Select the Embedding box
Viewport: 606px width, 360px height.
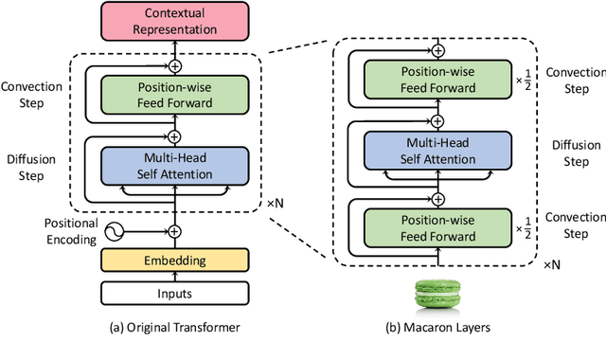174,259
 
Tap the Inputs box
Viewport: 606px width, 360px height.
174,293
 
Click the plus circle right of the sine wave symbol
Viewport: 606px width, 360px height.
174,230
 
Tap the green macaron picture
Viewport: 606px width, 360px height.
437,296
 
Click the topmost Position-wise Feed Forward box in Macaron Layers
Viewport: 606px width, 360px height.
437,79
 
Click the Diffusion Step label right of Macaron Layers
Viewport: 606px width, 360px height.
578,154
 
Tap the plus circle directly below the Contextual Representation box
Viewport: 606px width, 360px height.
174,66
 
